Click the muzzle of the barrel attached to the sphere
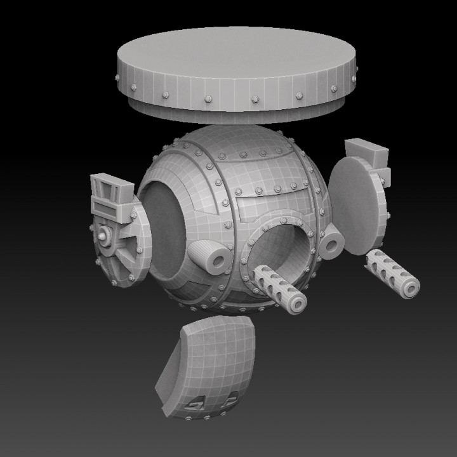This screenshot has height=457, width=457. [296, 303]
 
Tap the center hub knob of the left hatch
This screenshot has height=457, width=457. [103, 236]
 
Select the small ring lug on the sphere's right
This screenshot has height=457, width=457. [332, 242]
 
